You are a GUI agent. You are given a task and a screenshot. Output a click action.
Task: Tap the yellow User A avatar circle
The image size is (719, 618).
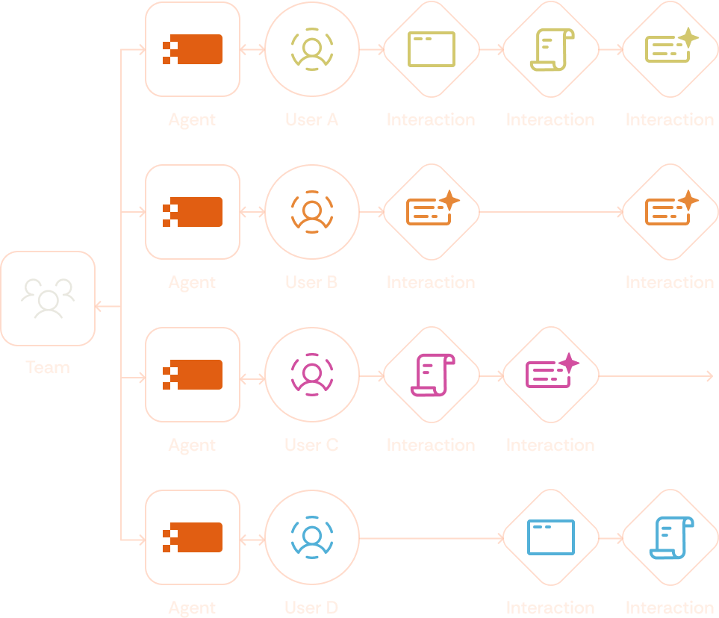312,49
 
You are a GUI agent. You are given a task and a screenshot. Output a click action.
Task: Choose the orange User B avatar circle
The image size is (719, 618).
312,212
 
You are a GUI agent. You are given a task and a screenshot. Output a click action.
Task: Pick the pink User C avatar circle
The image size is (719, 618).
312,375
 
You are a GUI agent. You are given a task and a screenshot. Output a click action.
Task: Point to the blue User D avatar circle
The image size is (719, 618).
312,537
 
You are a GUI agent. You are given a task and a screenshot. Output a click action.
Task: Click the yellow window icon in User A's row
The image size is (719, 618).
432,49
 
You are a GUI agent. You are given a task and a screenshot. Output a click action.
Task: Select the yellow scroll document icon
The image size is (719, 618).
551,49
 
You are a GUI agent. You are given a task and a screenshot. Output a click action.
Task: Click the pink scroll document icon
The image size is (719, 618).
432,375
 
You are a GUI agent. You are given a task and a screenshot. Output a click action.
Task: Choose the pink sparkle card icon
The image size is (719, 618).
551,373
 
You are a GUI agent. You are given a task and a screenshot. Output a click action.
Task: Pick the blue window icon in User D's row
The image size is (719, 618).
551,537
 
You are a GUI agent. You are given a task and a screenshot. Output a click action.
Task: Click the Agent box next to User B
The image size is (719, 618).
193,212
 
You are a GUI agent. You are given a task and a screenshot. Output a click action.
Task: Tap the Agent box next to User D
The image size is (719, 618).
193,537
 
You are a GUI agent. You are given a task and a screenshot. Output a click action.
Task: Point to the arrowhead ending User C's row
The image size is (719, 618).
710,375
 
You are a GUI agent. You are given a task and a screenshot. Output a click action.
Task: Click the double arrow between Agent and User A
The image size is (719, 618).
253,50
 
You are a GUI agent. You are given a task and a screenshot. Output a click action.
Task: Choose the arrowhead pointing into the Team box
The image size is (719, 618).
99,306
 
